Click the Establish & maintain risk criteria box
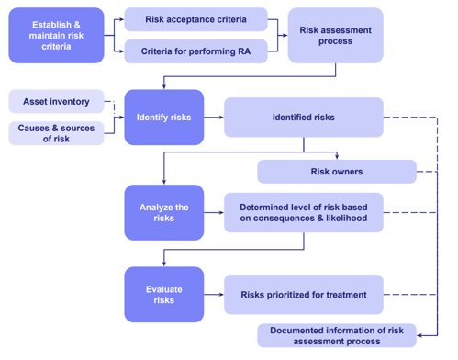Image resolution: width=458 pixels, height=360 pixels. (x=56, y=36)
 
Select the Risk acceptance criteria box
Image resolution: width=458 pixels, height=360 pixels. (x=195, y=19)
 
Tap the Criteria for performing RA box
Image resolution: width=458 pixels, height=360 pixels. (x=195, y=51)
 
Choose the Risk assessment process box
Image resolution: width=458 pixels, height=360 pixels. (x=336, y=36)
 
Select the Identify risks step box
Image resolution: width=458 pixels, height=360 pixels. (x=164, y=118)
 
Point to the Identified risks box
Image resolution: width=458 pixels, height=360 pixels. (x=304, y=118)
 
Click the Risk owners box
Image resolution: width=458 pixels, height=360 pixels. (x=336, y=172)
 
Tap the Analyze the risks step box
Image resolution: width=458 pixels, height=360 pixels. (x=164, y=212)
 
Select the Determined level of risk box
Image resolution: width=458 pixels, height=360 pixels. (x=304, y=212)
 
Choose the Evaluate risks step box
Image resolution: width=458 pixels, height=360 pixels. (x=164, y=295)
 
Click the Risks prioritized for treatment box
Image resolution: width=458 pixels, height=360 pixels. (x=304, y=295)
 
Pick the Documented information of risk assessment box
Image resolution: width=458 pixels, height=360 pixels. (x=336, y=335)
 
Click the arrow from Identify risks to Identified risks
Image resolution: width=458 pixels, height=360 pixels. (x=214, y=118)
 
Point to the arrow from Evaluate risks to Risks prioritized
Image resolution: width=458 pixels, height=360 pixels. (x=214, y=295)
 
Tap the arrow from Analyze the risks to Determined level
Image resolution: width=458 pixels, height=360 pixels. (x=214, y=212)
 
